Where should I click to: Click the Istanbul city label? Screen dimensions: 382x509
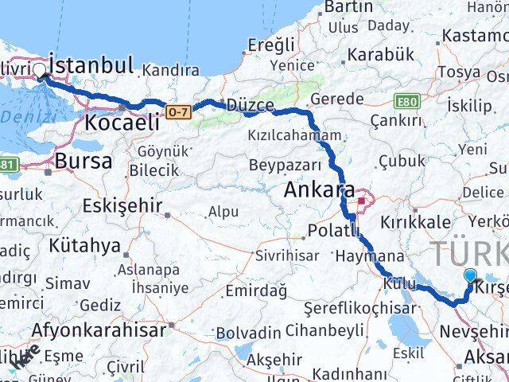[91, 64]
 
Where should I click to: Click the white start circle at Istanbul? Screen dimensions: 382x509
[40, 71]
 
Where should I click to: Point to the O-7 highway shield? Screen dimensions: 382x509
[179, 113]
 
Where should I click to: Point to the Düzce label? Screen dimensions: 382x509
[251, 105]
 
